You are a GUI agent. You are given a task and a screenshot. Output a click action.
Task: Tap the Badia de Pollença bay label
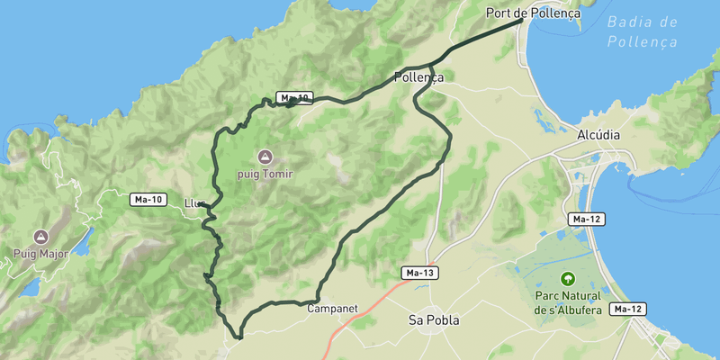(x=642, y=31)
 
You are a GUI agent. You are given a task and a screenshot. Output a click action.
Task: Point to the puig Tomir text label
(x=265, y=174)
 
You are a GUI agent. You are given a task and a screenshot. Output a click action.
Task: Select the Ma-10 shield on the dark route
(x=294, y=97)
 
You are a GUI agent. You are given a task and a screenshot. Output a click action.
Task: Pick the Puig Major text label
(x=40, y=254)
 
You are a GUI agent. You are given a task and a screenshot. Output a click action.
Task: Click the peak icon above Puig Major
(x=40, y=237)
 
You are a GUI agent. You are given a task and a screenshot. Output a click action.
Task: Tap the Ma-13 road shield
(x=419, y=272)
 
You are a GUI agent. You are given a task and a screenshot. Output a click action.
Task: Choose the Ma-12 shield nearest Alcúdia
(x=585, y=219)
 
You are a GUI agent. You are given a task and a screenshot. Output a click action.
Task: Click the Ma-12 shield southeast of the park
(x=626, y=309)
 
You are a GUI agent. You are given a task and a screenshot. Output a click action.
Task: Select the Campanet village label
(x=332, y=309)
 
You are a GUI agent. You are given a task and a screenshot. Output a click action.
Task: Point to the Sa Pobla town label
(x=434, y=319)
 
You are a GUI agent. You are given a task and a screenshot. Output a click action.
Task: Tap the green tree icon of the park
(x=567, y=279)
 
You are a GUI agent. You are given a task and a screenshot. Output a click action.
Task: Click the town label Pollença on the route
(x=418, y=77)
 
